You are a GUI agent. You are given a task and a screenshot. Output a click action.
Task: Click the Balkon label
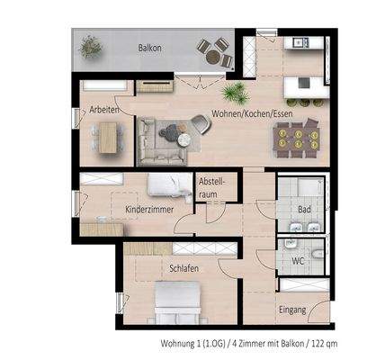[149, 47]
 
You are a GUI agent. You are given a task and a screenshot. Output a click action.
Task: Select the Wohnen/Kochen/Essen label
[252, 113]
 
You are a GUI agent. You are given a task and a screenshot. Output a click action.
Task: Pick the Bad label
[303, 211]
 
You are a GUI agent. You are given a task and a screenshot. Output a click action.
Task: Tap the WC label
[300, 260]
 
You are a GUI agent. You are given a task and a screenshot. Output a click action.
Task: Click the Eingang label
[292, 310]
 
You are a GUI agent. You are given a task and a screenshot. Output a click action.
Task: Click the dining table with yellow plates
[295, 137]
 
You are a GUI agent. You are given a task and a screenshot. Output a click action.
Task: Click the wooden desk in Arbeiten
[108, 137]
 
